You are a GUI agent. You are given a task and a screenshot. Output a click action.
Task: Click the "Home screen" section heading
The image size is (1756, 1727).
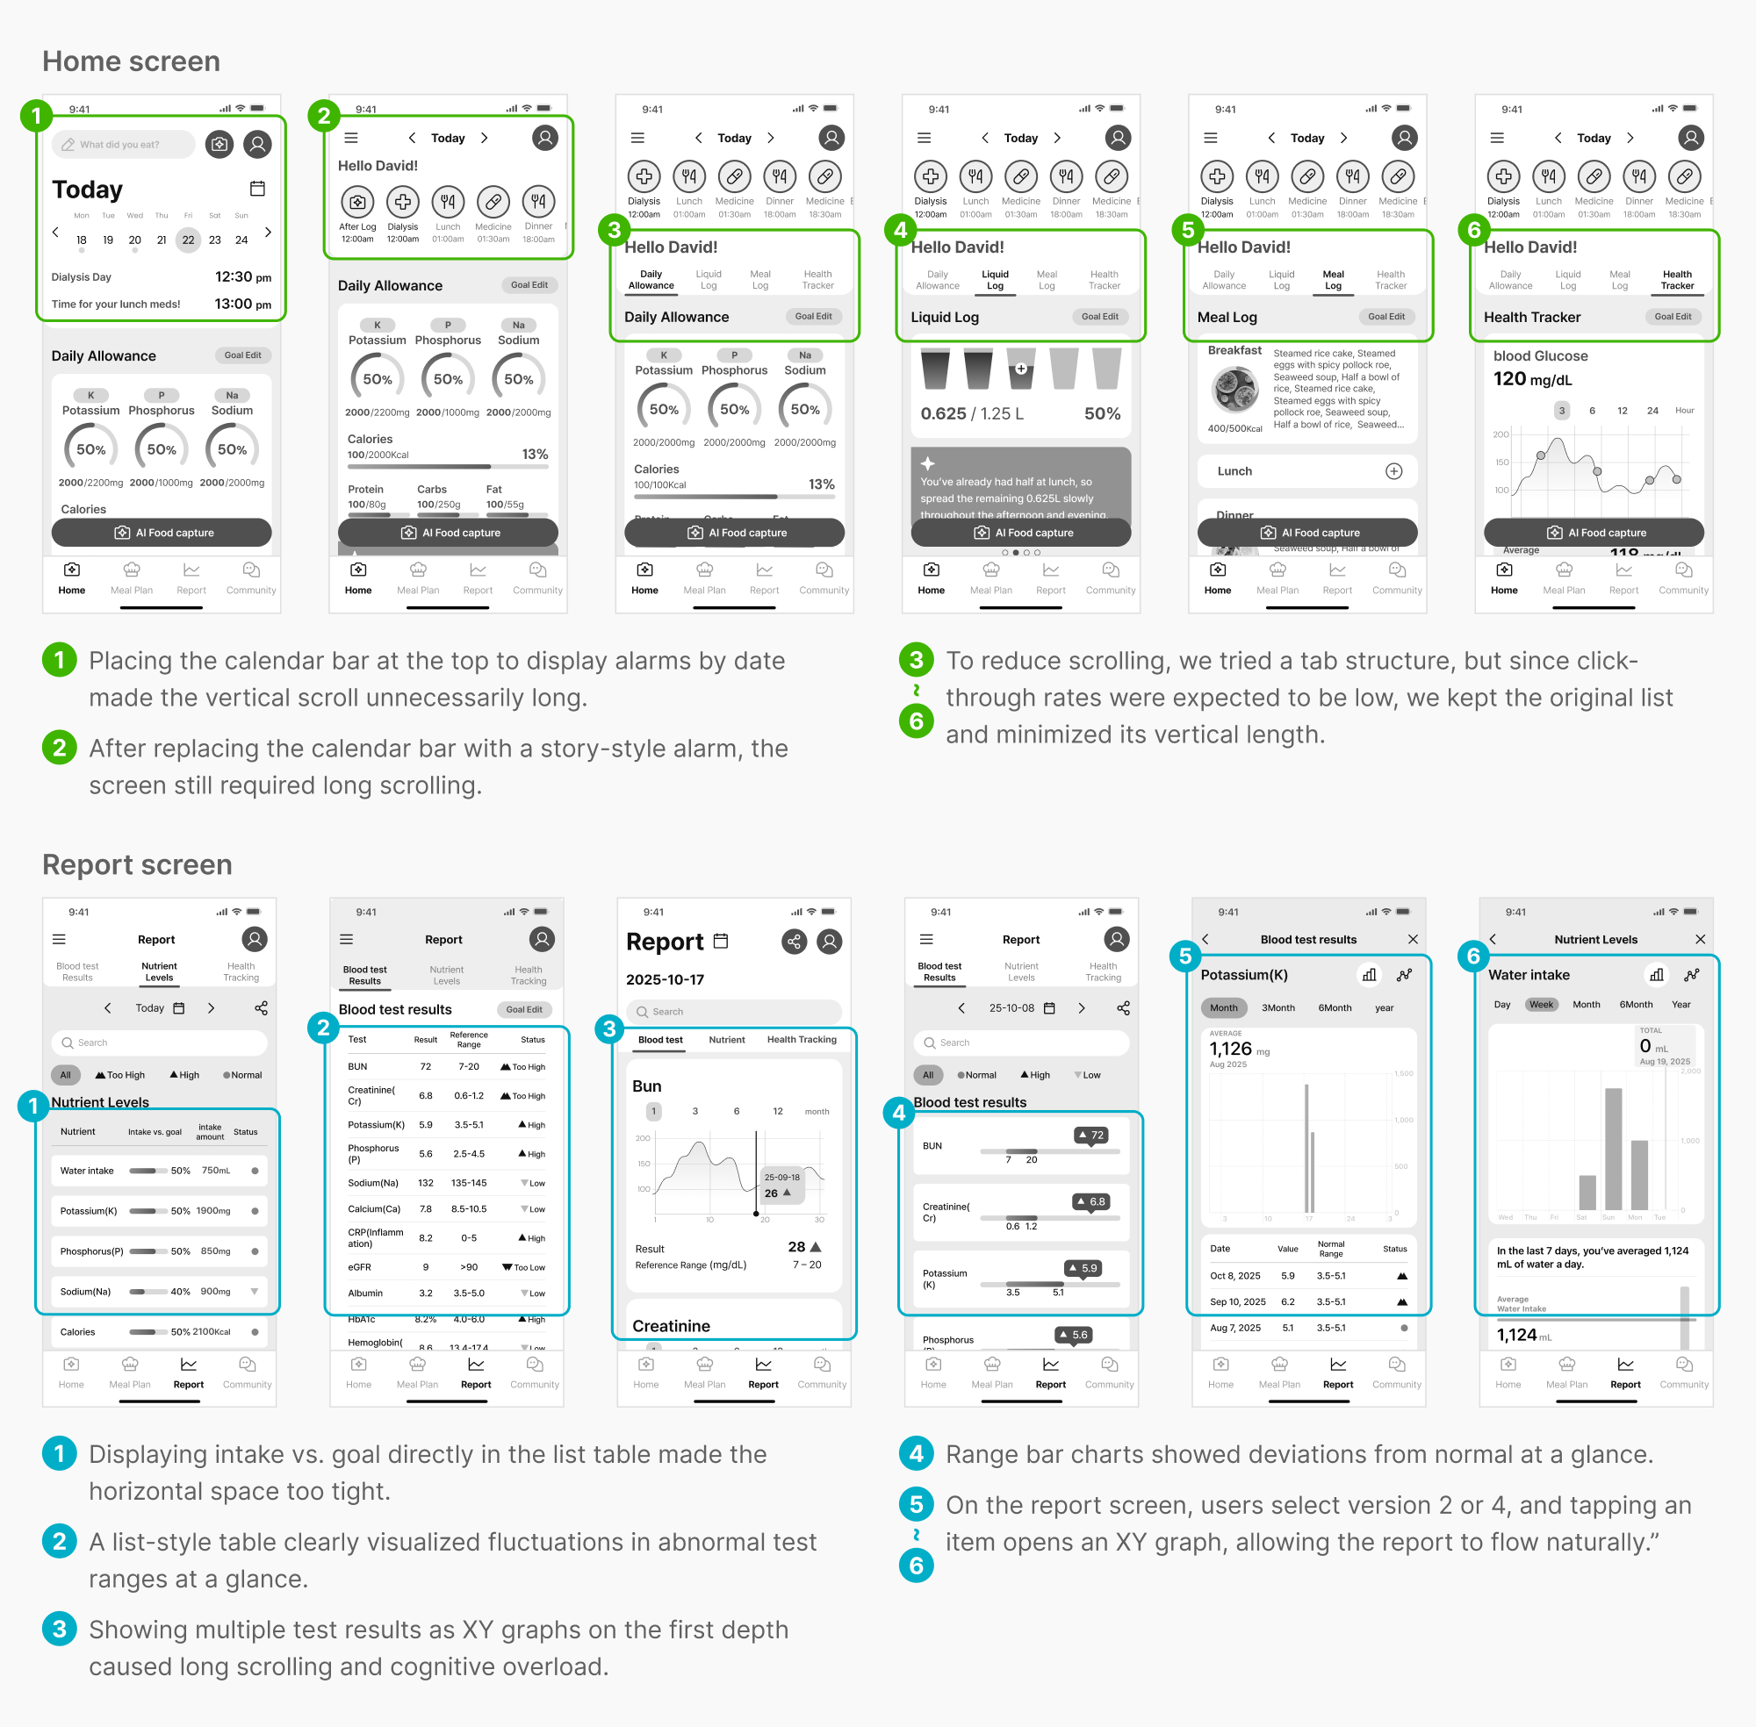(x=131, y=61)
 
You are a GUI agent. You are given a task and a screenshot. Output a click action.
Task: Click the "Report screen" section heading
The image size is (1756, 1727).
(x=137, y=864)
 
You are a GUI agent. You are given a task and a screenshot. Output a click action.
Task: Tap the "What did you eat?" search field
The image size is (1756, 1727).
(x=124, y=144)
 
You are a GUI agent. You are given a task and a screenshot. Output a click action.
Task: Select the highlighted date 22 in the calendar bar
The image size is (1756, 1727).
(x=188, y=240)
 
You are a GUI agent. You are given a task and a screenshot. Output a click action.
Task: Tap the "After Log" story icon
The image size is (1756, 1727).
(x=357, y=201)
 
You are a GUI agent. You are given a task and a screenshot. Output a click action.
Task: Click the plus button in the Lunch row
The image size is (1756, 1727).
(x=1394, y=470)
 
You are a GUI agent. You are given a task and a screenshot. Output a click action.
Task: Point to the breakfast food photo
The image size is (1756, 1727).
(x=1234, y=390)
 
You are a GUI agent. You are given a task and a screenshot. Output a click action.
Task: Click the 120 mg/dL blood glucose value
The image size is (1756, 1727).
(x=1532, y=379)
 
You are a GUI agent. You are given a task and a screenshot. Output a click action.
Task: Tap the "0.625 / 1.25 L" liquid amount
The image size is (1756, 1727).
(x=971, y=413)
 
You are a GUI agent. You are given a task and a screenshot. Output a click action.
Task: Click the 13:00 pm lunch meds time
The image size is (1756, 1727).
(x=242, y=304)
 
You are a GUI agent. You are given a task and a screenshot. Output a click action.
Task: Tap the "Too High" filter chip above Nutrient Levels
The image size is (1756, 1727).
(x=119, y=1075)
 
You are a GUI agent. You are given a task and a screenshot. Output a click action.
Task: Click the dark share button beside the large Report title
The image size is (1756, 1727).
(x=794, y=942)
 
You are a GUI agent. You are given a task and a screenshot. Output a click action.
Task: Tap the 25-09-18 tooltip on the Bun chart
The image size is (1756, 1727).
(x=781, y=1186)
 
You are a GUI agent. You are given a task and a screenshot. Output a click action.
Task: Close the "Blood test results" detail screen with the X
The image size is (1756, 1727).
(x=1413, y=940)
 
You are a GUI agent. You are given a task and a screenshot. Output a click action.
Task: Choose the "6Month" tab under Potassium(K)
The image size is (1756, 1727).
(x=1334, y=1007)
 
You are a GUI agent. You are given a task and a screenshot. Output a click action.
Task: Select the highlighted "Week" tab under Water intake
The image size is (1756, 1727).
(x=1541, y=1004)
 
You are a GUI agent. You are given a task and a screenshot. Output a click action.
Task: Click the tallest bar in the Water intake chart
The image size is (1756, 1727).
(x=1613, y=1150)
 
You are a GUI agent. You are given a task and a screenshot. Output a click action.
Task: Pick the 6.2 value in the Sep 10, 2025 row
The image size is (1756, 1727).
(x=1288, y=1301)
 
